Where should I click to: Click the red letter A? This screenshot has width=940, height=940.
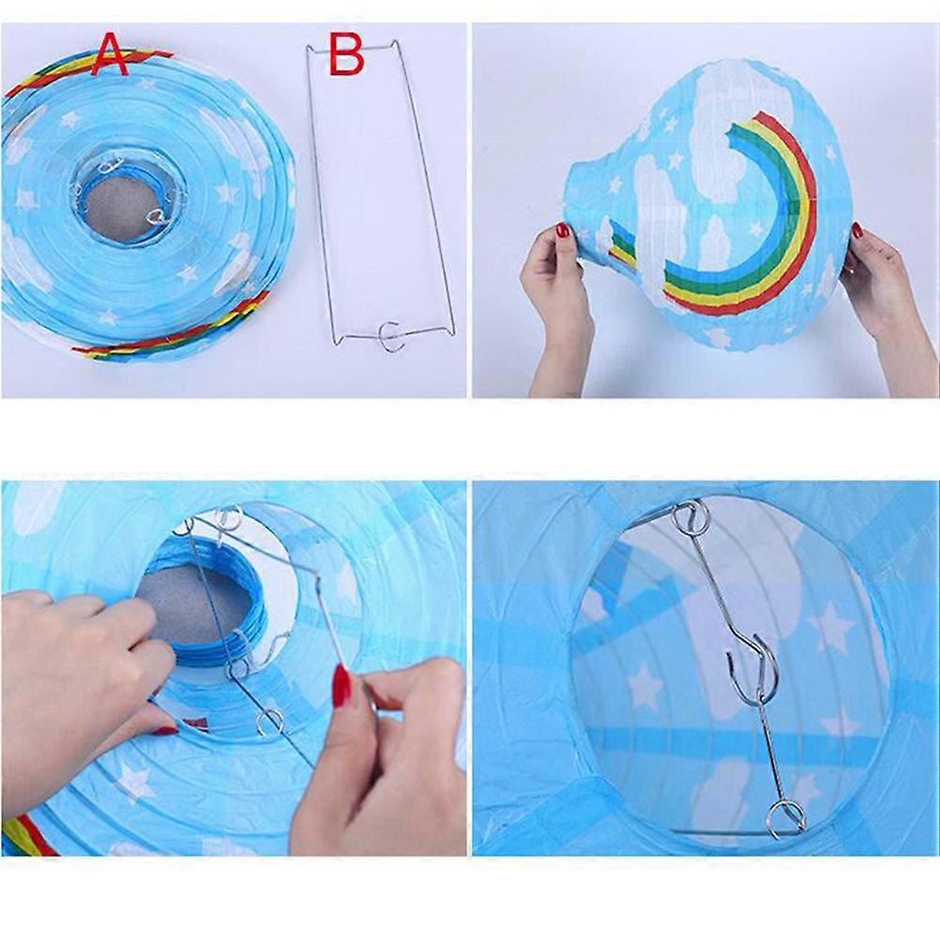click(109, 54)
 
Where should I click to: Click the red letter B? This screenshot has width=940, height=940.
click(346, 54)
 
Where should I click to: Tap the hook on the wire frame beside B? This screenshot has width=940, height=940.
click(390, 336)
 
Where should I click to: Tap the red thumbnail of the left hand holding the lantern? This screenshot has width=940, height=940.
click(562, 230)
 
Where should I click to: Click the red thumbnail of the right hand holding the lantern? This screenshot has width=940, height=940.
click(857, 230)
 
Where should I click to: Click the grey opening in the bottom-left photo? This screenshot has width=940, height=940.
click(195, 604)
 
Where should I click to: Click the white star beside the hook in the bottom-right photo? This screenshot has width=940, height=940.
click(831, 627)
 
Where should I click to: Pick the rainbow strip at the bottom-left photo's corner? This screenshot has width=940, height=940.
click(27, 835)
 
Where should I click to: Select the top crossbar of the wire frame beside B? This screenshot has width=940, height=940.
click(353, 48)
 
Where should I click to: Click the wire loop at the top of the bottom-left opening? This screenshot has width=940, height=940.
click(228, 517)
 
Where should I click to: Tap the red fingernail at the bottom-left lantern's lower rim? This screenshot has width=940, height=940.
click(164, 730)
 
